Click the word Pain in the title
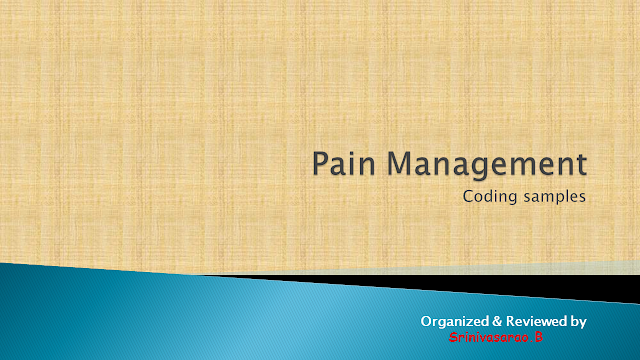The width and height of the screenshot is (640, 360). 342,162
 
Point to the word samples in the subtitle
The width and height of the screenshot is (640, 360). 552,197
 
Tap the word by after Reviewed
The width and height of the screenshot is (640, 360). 578,321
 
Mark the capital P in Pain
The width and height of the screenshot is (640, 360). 319,162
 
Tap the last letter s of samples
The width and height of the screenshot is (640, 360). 580,198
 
